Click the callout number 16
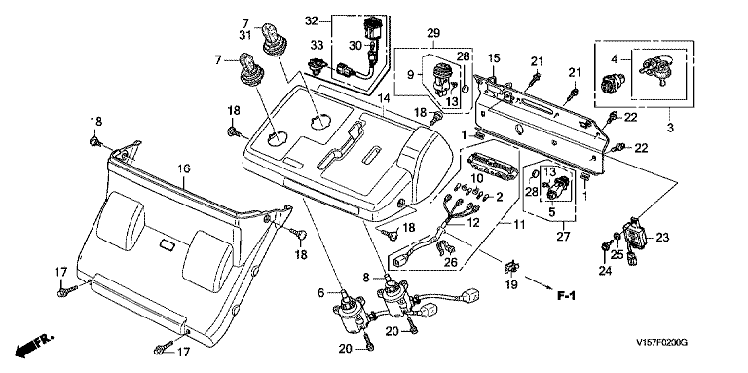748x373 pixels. [184, 168]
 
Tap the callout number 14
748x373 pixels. [384, 98]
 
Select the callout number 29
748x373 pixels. [433, 33]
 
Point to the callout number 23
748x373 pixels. [663, 237]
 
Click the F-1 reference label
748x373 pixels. [566, 296]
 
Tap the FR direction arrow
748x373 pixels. [34, 345]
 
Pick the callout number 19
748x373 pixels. [511, 285]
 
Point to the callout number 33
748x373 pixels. [317, 46]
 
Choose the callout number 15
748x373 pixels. [494, 59]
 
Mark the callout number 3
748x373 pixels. [670, 128]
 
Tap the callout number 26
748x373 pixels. [450, 262]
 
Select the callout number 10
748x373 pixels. [477, 178]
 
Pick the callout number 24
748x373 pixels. [605, 272]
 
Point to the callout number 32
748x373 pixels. [311, 21]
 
